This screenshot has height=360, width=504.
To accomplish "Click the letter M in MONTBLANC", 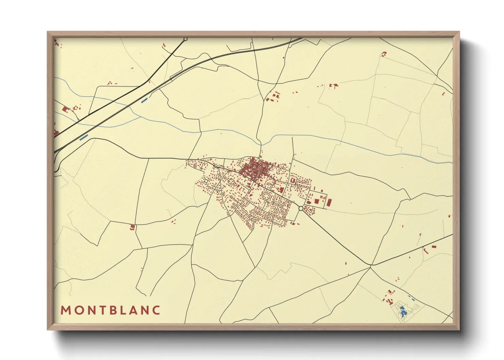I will coord(65,310).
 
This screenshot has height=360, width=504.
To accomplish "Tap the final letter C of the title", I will coord(156,310).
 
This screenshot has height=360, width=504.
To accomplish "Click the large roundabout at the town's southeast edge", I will coord(301,208).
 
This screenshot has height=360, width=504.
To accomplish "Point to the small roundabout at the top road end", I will coord(185,39).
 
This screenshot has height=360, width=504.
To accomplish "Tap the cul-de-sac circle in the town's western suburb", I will coord(206,181).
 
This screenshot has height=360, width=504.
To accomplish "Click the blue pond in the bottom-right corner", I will coord(403,311).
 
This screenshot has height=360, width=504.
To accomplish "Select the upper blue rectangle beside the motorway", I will coord(144,100).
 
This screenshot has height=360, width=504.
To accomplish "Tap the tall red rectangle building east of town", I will coord(329,202).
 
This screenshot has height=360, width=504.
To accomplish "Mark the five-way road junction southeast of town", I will coord(371,265).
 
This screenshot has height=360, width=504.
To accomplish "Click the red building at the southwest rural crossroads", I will coord(132,227).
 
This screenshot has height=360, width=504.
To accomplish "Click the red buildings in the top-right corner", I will coord(384,54).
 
